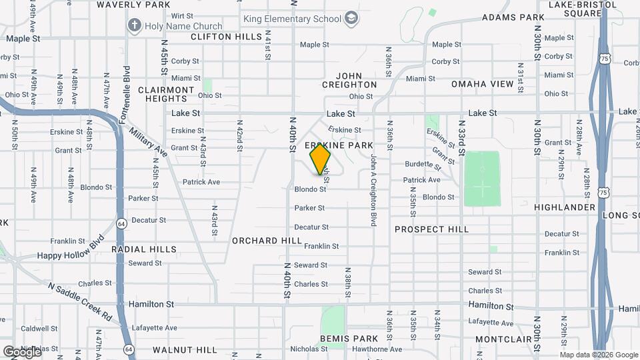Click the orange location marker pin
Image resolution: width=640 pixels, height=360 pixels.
[320, 159]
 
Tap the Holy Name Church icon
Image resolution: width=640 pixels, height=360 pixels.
[134, 25]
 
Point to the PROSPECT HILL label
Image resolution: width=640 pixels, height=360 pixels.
[431, 229]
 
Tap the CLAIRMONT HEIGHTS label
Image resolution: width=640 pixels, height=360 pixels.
[166, 94]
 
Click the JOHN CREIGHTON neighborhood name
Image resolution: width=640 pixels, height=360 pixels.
[349, 81]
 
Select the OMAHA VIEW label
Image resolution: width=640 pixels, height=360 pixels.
[482, 84]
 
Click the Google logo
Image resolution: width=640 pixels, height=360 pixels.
[22, 351]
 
